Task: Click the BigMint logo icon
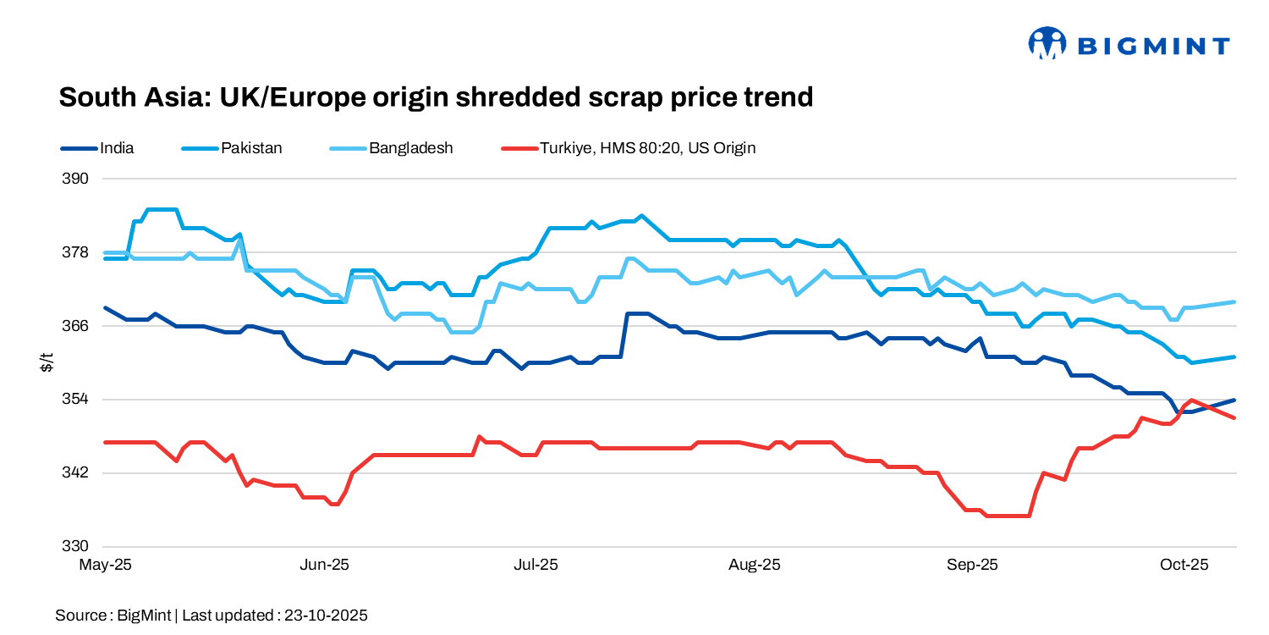(1047, 43)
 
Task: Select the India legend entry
(117, 148)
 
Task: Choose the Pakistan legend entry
(251, 148)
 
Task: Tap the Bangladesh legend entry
(410, 148)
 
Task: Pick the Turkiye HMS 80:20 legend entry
(647, 148)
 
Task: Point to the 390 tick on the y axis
(76, 179)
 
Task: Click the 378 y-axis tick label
(76, 252)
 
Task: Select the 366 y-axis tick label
(76, 326)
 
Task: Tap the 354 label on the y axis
(76, 399)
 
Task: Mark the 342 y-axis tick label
(76, 472)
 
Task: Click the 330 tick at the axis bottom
(76, 546)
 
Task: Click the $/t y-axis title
(48, 362)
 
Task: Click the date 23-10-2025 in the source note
(326, 616)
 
